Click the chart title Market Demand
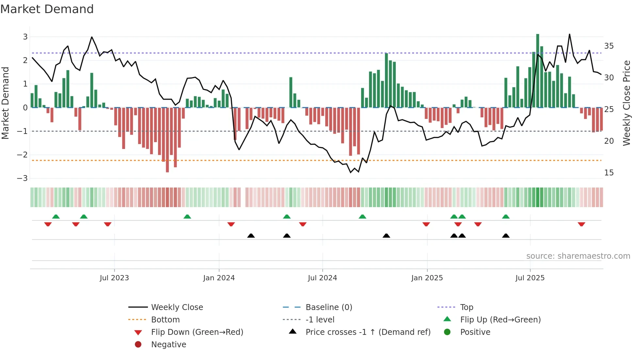click(47, 9)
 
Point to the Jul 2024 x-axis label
click(322, 278)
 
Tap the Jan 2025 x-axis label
click(427, 278)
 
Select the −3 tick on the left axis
click(22, 178)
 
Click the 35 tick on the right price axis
click(609, 46)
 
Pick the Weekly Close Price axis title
click(626, 103)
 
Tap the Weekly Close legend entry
click(177, 307)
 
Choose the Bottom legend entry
click(165, 320)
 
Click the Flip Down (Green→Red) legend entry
click(197, 332)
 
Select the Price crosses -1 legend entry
click(368, 332)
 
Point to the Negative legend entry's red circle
click(138, 345)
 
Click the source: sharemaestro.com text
click(578, 256)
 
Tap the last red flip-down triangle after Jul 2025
click(581, 224)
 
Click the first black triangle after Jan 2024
click(251, 236)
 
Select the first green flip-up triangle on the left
click(56, 217)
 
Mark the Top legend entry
click(466, 307)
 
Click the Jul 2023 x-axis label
click(114, 278)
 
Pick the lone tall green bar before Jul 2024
click(291, 92)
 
